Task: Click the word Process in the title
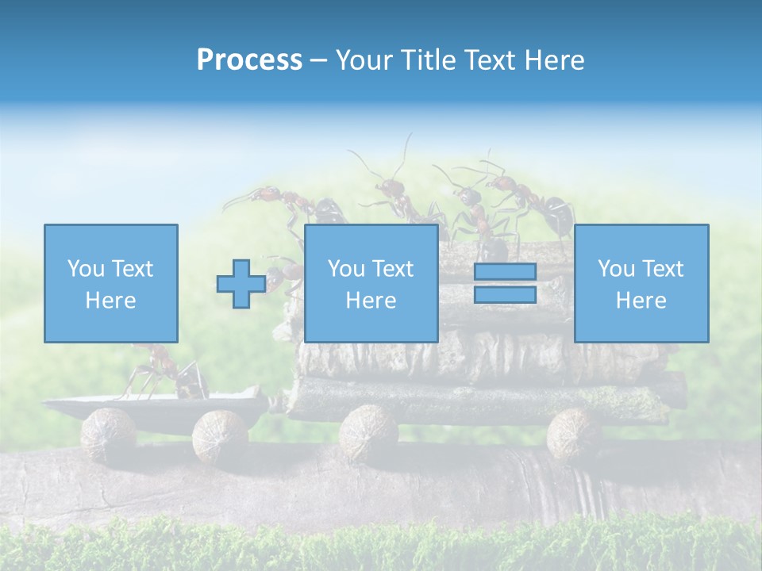pyautogui.click(x=249, y=60)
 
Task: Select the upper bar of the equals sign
pyautogui.click(x=505, y=272)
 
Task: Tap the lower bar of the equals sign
pyautogui.click(x=505, y=295)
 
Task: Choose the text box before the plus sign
pyautogui.click(x=110, y=283)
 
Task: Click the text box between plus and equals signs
pyautogui.click(x=371, y=283)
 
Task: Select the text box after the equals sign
pyautogui.click(x=641, y=283)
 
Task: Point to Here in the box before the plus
pyautogui.click(x=110, y=301)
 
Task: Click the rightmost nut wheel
pyautogui.click(x=577, y=433)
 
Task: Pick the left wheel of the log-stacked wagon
pyautogui.click(x=368, y=430)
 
